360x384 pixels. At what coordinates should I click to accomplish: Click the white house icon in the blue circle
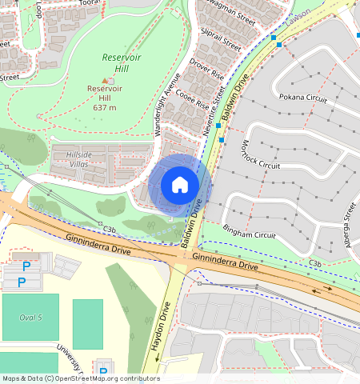click(180, 185)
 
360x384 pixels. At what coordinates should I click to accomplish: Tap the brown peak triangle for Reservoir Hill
click(104, 80)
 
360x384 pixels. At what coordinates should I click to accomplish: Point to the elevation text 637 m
click(104, 107)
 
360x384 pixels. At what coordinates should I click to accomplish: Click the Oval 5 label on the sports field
click(30, 318)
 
